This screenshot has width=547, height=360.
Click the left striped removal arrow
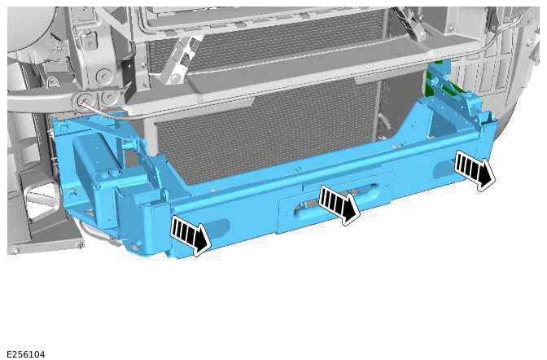(190, 236)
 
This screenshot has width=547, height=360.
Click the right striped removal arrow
(475, 169)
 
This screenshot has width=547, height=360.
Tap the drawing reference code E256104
(26, 354)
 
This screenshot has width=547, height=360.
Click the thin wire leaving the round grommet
(106, 110)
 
